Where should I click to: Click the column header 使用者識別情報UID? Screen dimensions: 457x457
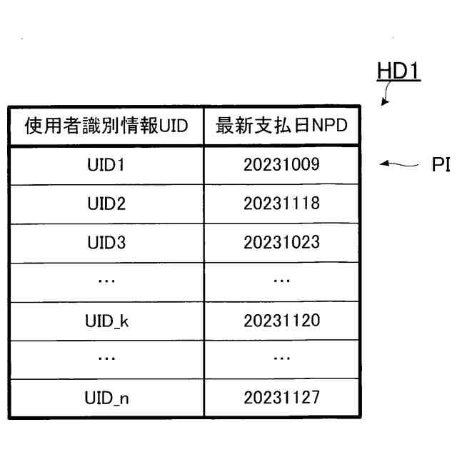(x=106, y=126)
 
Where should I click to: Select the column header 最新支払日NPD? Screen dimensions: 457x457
(x=281, y=126)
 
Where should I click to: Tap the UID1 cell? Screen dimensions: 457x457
(x=105, y=165)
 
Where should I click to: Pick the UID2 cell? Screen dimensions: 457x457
(x=105, y=204)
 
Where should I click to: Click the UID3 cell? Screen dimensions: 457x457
(x=105, y=243)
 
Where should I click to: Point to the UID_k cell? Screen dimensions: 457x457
(x=105, y=320)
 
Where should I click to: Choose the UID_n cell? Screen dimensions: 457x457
(x=105, y=397)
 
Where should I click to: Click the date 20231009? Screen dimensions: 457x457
(x=281, y=165)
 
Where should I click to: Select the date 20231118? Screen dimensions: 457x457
(x=281, y=204)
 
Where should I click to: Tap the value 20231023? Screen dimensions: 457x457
(x=281, y=243)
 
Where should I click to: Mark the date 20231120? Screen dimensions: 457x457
(x=281, y=320)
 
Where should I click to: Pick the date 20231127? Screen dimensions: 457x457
(x=281, y=397)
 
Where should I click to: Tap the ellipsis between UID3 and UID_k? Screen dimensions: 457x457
(x=105, y=281)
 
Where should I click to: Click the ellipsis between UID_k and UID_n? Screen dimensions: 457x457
(x=105, y=358)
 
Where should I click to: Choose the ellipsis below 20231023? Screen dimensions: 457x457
(x=281, y=281)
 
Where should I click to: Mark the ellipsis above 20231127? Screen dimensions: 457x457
(x=281, y=358)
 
